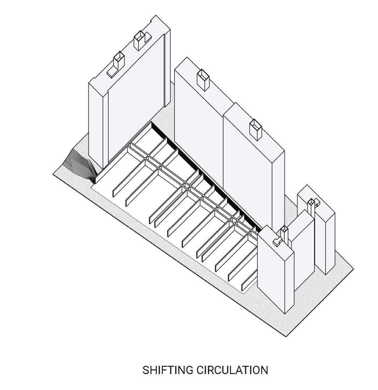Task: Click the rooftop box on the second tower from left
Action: [203, 80]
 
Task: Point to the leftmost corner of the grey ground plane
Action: [54, 172]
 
